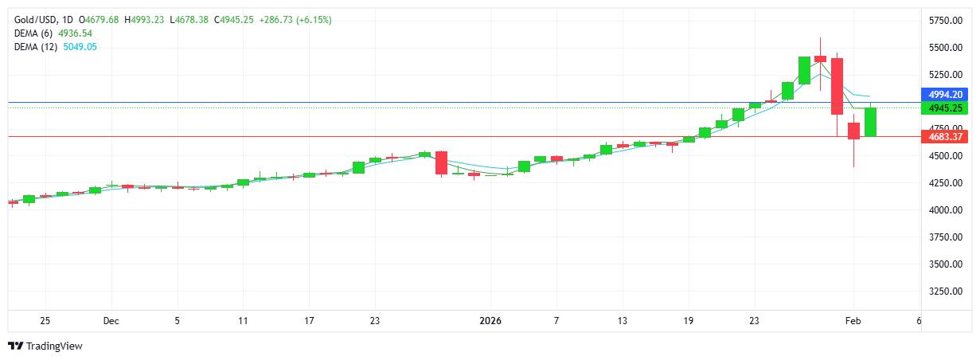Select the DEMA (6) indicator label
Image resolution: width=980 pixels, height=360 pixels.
(36, 33)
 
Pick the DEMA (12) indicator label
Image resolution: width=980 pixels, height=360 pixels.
(38, 47)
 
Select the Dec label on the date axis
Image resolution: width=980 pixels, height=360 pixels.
(111, 321)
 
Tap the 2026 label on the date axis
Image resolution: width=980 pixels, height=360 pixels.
(490, 321)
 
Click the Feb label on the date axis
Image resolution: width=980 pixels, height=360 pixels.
(853, 321)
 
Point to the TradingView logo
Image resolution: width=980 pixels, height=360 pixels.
(45, 346)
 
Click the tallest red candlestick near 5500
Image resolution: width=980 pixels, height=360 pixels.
(837, 86)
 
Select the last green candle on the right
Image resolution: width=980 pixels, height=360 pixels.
(870, 121)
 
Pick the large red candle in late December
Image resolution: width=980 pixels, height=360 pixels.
(441, 162)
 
